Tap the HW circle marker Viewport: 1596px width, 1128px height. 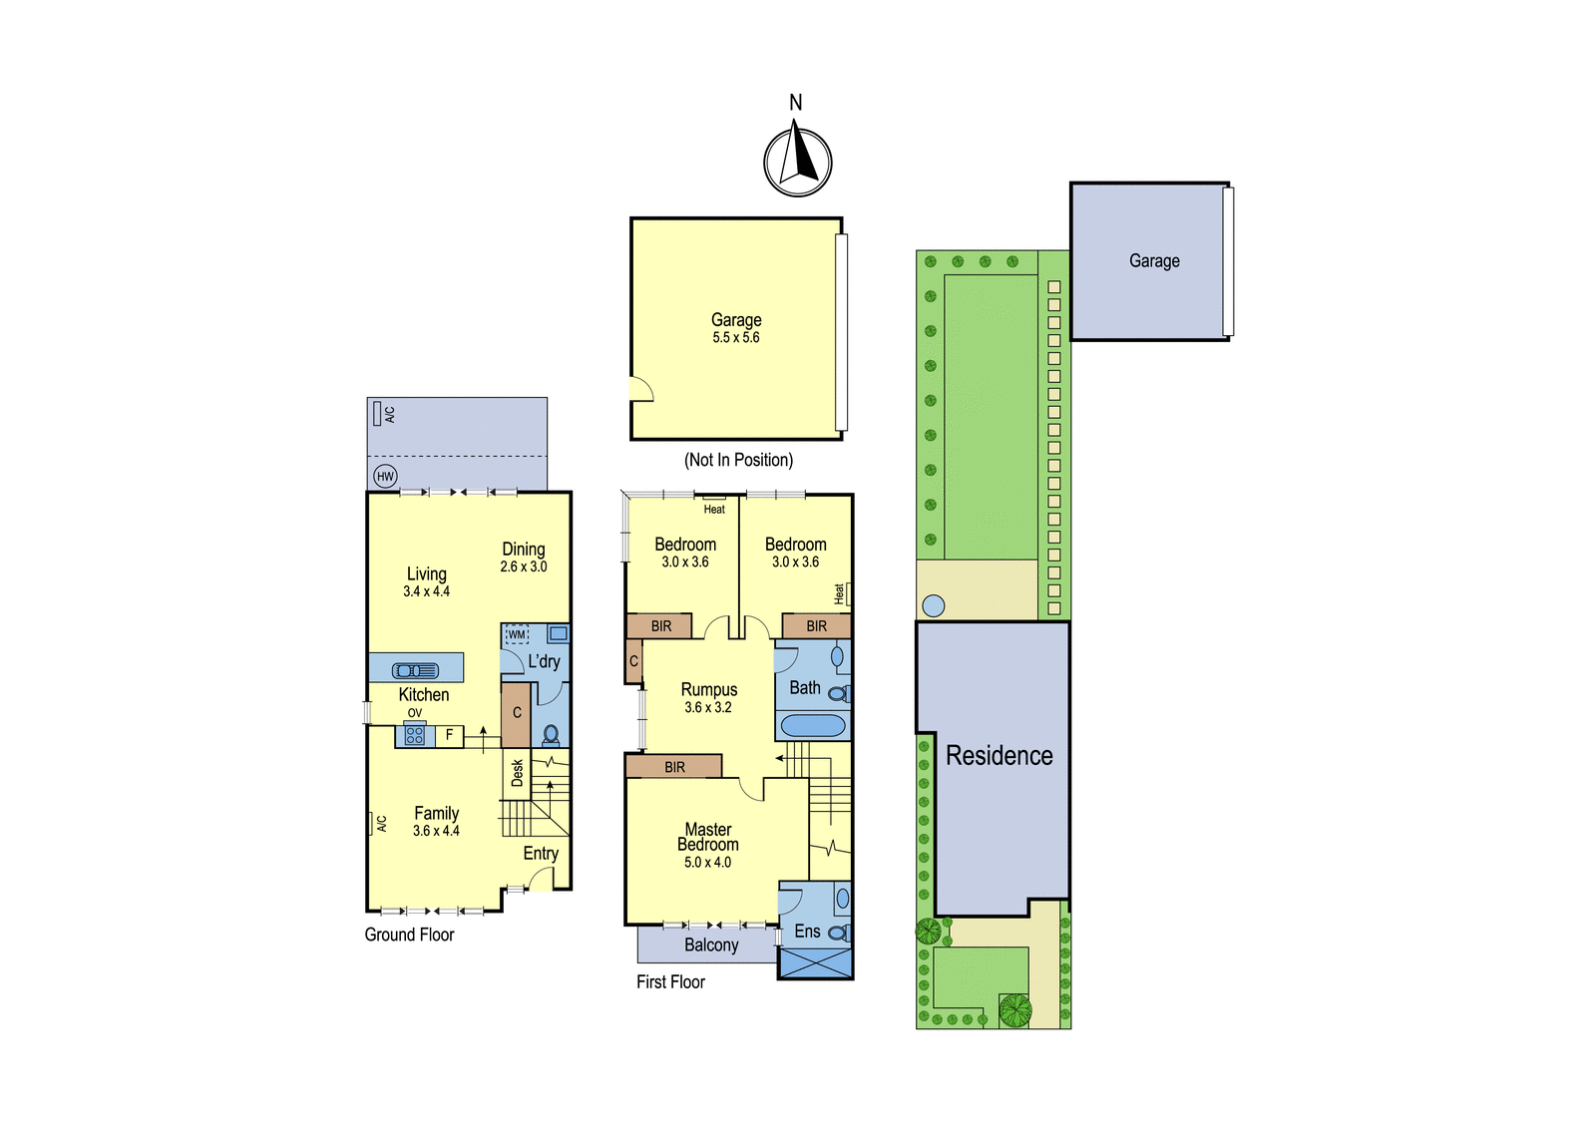pyautogui.click(x=385, y=477)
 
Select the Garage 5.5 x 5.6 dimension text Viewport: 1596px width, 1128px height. pyautogui.click(x=736, y=338)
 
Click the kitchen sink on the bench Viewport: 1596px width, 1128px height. pyautogui.click(x=415, y=670)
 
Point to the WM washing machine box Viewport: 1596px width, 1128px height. pyautogui.click(x=517, y=634)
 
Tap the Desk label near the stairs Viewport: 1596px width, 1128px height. pyautogui.click(x=518, y=773)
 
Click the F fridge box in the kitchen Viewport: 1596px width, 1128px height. pyautogui.click(x=450, y=735)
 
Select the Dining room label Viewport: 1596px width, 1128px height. pyautogui.click(x=524, y=550)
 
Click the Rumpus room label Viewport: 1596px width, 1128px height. pyautogui.click(x=709, y=690)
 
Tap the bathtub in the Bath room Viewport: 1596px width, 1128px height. pyautogui.click(x=813, y=725)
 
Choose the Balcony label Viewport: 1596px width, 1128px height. pyautogui.click(x=711, y=944)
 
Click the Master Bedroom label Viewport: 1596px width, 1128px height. pyautogui.click(x=708, y=837)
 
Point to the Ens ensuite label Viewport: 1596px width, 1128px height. pyautogui.click(x=807, y=932)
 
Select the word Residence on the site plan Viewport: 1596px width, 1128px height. pyautogui.click(x=998, y=755)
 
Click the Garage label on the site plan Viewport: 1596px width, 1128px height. pyautogui.click(x=1154, y=260)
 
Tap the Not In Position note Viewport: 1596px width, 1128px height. pyautogui.click(x=738, y=461)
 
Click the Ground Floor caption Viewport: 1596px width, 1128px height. pyautogui.click(x=409, y=935)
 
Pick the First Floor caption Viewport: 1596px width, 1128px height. pyautogui.click(x=670, y=982)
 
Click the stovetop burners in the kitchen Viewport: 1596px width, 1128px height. pyautogui.click(x=415, y=735)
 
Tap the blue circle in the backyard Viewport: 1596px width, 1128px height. pyautogui.click(x=934, y=606)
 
